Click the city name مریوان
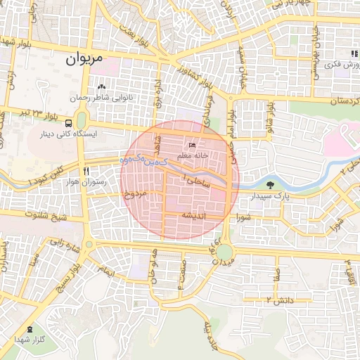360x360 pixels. point(84,60)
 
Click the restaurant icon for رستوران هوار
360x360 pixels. point(85,171)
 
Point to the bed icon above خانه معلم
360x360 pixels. point(193,145)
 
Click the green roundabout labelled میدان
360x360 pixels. point(224,252)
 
